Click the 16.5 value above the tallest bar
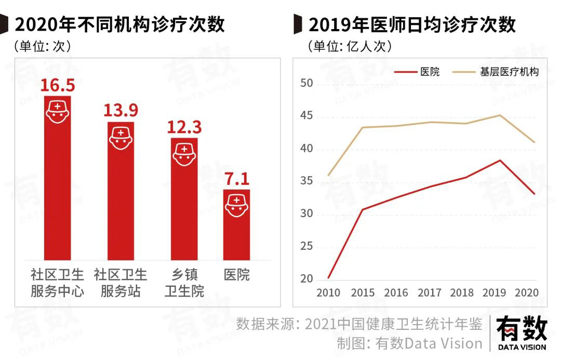pyautogui.click(x=58, y=84)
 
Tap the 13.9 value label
pyautogui.click(x=121, y=110)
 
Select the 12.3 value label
pyautogui.click(x=184, y=126)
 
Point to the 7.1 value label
pyautogui.click(x=237, y=179)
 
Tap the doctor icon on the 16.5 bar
pyautogui.click(x=57, y=111)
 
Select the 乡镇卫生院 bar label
pyautogui.click(x=184, y=283)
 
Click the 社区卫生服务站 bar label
pyautogui.click(x=121, y=283)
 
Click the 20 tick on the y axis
pyautogui.click(x=306, y=279)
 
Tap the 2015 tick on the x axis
pyautogui.click(x=363, y=293)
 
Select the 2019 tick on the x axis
pyautogui.click(x=495, y=293)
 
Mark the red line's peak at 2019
pyautogui.click(x=500, y=160)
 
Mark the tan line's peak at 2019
pyautogui.click(x=500, y=115)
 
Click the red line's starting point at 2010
pyautogui.click(x=328, y=278)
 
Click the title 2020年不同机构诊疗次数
pyautogui.click(x=119, y=24)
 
